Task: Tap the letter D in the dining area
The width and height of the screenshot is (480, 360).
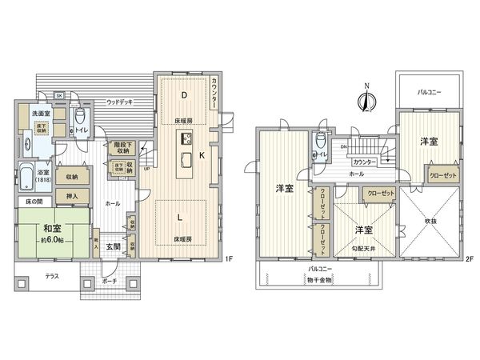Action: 183,96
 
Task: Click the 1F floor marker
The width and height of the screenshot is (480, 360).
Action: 228,258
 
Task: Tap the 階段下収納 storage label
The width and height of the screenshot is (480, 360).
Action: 122,146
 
